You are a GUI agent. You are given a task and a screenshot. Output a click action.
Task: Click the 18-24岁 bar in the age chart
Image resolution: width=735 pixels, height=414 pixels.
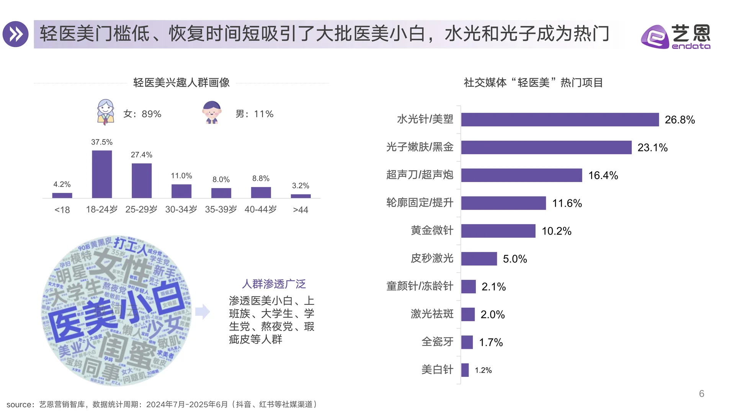coord(102,174)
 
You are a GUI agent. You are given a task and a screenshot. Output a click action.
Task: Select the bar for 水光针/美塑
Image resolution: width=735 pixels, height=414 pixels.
coord(560,120)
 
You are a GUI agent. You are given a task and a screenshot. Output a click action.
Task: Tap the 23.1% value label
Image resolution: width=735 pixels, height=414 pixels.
coord(652,148)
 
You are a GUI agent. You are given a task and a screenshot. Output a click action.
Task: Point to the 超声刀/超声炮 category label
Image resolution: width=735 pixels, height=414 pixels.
coord(420,175)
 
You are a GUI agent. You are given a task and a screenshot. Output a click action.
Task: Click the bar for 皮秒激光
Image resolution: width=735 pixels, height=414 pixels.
coord(479,259)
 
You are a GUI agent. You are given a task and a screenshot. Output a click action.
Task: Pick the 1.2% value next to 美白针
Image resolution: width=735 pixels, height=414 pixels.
coord(483,370)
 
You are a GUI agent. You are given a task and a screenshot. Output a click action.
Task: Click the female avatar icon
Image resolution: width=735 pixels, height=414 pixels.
coord(106,112)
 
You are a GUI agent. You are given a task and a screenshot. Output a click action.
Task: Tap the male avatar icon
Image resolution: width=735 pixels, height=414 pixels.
coord(212,112)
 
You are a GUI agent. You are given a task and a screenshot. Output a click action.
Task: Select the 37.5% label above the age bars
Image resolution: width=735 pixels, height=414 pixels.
coord(102,142)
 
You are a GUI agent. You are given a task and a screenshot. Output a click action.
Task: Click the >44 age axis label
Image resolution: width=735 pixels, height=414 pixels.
coord(301,210)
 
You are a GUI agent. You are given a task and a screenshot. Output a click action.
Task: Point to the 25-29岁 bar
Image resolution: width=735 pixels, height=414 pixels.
coord(142,181)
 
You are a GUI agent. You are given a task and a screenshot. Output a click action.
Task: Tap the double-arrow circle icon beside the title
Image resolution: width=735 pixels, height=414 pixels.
coord(16,34)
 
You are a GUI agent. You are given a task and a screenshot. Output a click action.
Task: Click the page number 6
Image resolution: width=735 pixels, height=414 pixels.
coord(701,394)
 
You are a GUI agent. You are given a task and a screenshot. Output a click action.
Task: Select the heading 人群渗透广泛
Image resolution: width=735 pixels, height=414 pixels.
coord(274,284)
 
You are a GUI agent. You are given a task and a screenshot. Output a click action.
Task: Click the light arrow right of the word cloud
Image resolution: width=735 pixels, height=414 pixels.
coord(203,312)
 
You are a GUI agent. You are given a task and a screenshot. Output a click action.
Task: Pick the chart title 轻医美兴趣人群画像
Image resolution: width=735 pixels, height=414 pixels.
coord(181,82)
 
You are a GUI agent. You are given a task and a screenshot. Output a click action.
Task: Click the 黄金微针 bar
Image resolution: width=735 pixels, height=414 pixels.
coord(498,231)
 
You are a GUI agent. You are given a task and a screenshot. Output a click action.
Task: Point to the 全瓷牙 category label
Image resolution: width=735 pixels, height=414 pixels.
coord(437,342)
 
